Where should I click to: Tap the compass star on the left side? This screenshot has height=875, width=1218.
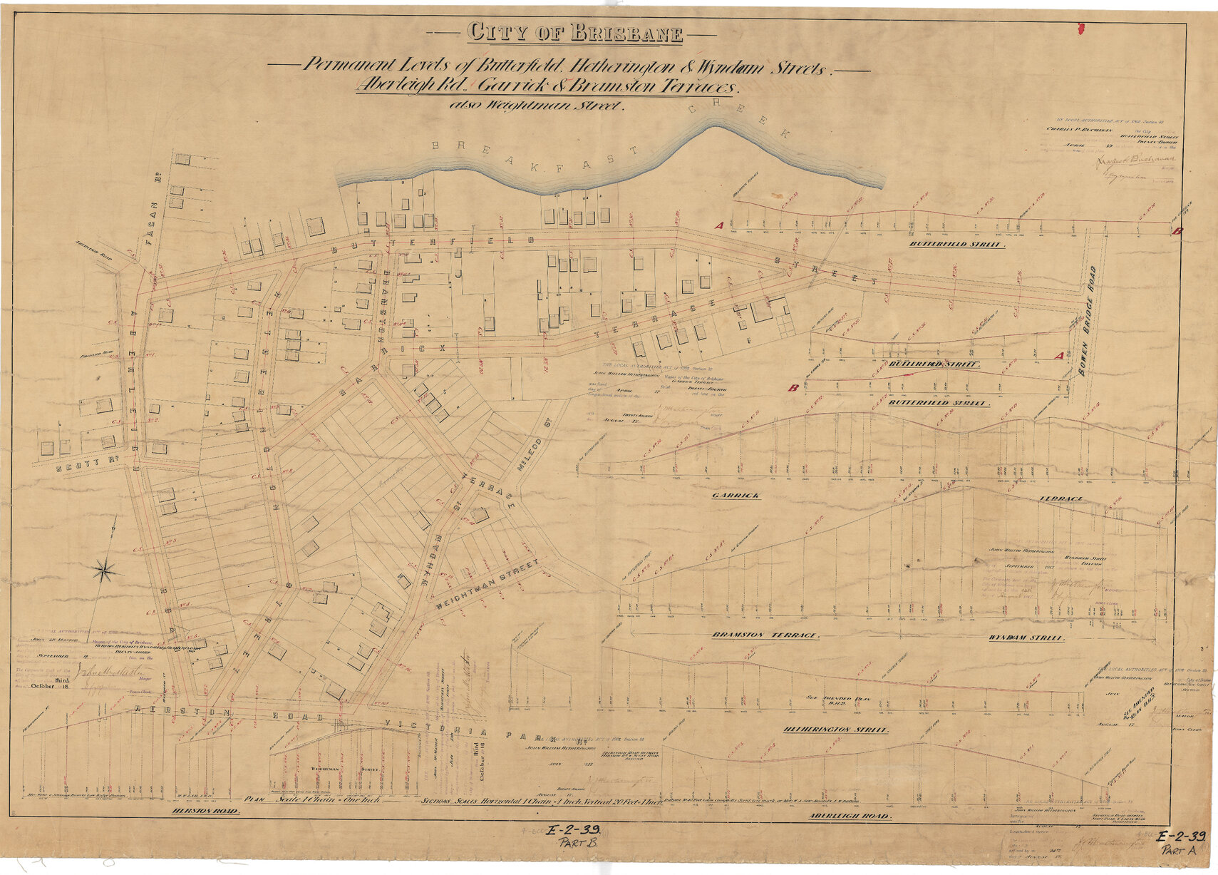(105, 570)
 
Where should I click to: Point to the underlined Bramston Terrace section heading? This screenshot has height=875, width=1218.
(765, 635)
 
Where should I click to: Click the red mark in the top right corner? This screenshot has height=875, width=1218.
(1080, 29)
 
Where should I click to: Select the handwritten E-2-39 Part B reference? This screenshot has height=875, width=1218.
(574, 835)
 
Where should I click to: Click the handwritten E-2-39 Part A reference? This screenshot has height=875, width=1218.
(1180, 843)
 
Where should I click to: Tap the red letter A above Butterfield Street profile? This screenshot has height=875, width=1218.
(719, 225)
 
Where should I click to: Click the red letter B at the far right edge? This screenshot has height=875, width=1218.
(1177, 231)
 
